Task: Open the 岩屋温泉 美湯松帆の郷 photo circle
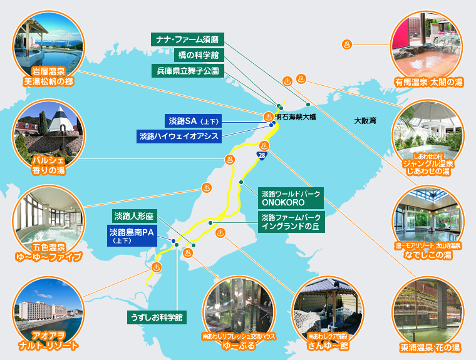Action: pos(48,48)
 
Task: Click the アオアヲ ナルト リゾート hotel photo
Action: pos(48,312)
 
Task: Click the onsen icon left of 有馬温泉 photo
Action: pos(347,44)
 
